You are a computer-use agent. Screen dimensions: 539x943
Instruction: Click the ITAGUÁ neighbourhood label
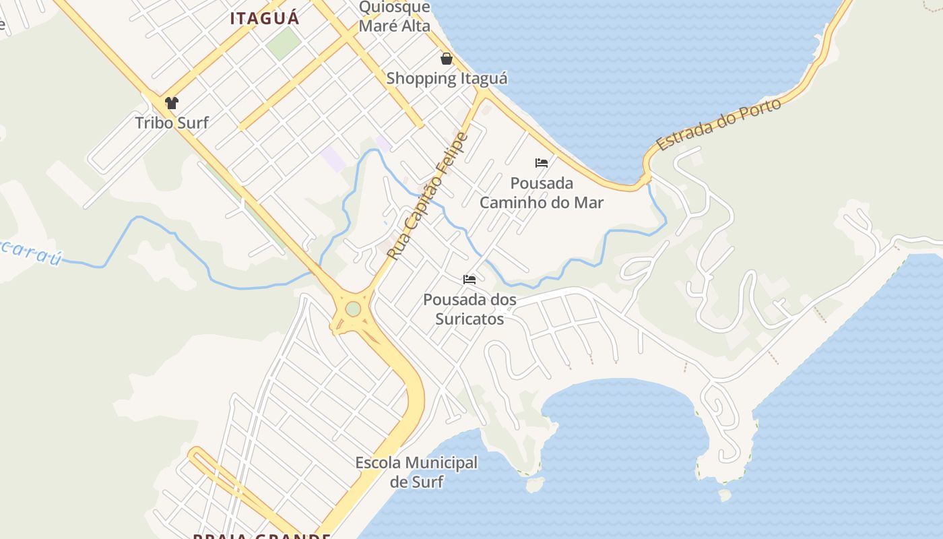click(x=264, y=18)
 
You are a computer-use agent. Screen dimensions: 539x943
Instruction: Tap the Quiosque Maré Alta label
click(x=394, y=17)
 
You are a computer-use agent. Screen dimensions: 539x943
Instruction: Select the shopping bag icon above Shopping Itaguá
click(x=446, y=59)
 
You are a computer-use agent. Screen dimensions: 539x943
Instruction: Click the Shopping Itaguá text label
click(x=447, y=78)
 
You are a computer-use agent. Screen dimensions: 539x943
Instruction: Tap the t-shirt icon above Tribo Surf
click(x=172, y=103)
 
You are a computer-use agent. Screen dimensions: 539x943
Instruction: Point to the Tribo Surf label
click(x=172, y=123)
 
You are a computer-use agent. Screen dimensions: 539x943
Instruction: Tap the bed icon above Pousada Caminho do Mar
click(x=541, y=163)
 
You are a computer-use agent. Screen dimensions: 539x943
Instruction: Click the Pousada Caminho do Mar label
click(x=542, y=193)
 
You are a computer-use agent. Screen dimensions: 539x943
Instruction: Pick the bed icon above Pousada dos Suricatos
click(x=469, y=280)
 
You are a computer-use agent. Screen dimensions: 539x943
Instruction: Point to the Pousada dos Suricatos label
click(x=469, y=309)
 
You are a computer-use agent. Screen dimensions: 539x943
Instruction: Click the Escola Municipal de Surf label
click(x=416, y=472)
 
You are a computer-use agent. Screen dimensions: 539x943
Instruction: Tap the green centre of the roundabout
click(x=353, y=309)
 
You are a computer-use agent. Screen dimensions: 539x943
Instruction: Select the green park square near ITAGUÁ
click(x=283, y=42)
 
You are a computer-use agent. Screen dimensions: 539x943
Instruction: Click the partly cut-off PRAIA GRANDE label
click(x=261, y=536)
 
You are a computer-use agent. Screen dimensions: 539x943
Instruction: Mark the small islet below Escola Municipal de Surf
click(x=535, y=484)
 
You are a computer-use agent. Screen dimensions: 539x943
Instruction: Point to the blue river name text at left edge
click(x=30, y=251)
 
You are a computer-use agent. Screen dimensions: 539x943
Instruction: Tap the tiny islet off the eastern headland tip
click(x=724, y=495)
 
